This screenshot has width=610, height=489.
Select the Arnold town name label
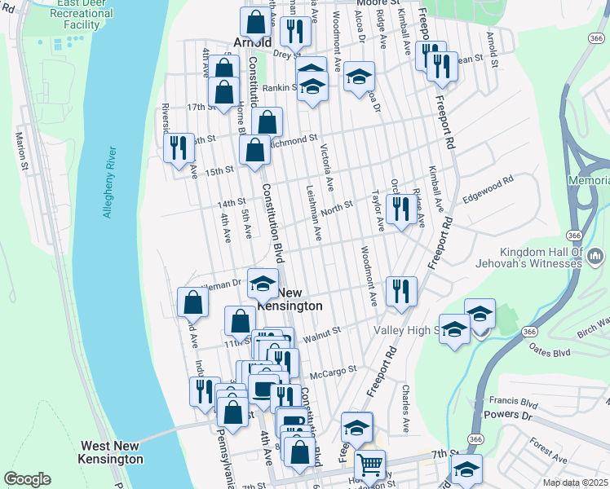click(252, 42)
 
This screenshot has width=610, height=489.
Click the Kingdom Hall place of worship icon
click(595, 258)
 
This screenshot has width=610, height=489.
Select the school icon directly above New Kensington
click(263, 283)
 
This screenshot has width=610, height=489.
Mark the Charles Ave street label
click(405, 407)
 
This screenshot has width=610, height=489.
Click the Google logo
click(28, 479)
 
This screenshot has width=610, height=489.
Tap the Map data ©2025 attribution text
click(575, 482)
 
